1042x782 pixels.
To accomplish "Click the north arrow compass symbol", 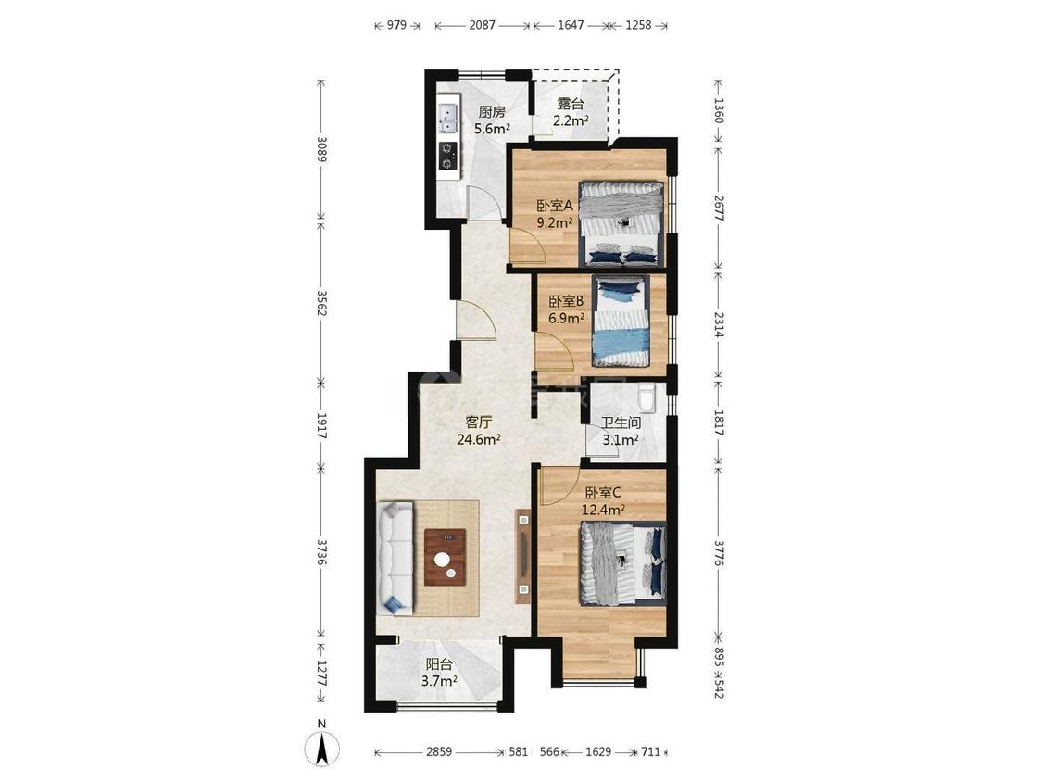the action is (x=321, y=748).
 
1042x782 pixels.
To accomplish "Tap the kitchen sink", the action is (x=449, y=118).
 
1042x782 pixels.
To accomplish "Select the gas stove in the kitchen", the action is (x=448, y=157).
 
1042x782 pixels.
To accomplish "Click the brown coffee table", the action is (x=445, y=557).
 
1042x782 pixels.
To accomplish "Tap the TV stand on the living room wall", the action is (x=523, y=556).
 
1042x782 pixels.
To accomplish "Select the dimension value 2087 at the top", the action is (x=482, y=25).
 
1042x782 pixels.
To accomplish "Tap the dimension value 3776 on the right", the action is (x=719, y=553).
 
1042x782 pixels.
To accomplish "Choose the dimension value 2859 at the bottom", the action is (x=439, y=752).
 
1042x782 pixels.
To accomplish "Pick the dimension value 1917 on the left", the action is (x=321, y=425).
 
